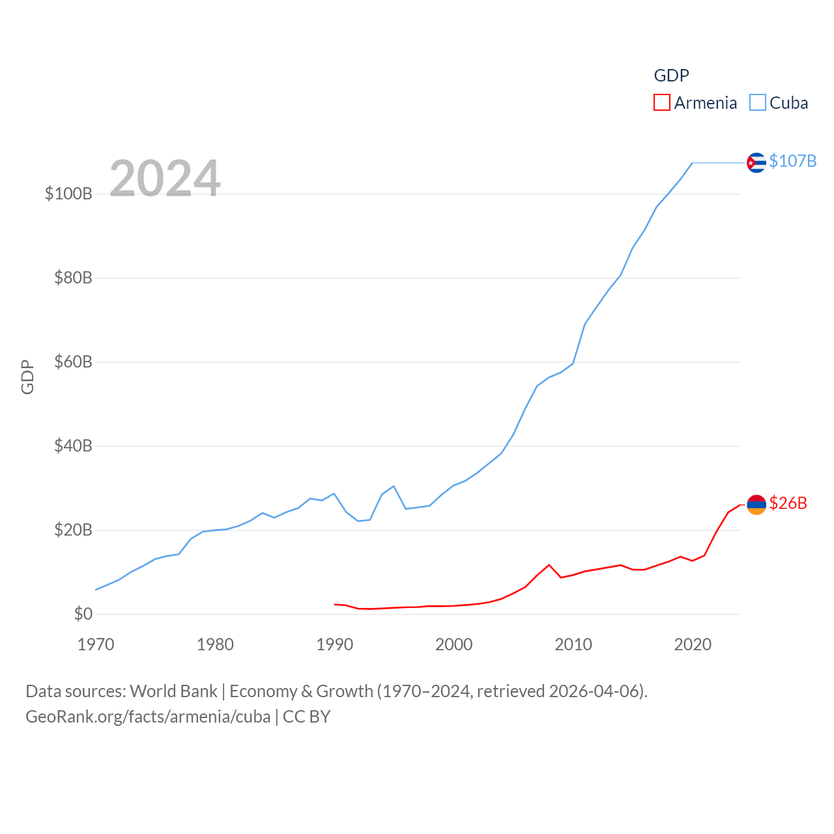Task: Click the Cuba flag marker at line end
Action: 756,162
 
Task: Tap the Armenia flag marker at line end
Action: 756,504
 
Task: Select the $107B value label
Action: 792,161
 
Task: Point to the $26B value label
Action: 788,503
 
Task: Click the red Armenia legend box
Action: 661,102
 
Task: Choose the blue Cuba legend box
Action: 757,102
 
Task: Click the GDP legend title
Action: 671,76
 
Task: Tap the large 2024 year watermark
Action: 165,179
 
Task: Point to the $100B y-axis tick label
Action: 68,194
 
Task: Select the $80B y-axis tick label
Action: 73,278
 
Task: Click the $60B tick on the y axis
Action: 73,362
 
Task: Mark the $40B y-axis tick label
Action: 73,446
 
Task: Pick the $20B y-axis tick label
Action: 73,530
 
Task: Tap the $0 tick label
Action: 83,614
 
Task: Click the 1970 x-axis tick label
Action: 96,644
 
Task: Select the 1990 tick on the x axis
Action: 334,644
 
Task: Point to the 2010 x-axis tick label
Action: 573,644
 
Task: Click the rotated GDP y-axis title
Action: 27,377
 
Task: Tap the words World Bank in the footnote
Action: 173,691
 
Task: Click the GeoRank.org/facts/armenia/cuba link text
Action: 148,717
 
